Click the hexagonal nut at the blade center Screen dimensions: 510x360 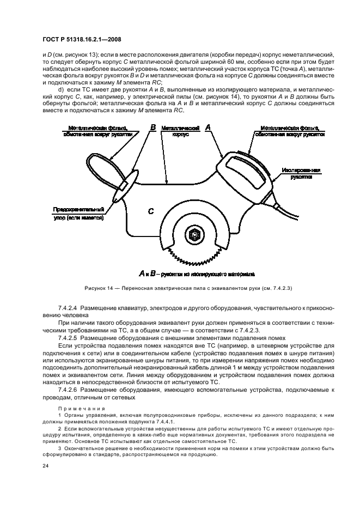[x=194, y=235]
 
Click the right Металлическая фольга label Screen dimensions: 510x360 [x=289, y=131]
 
